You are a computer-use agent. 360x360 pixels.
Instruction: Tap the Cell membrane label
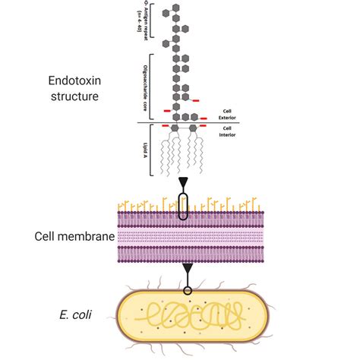[74, 236]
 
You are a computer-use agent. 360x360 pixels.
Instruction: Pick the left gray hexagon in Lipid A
[175, 129]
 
